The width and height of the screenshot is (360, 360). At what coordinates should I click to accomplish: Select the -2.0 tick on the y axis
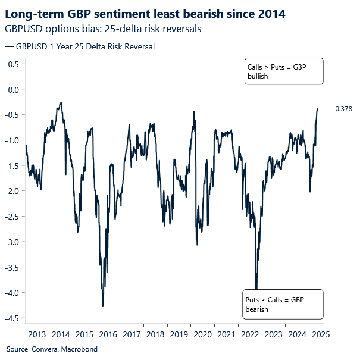click(x=12, y=191)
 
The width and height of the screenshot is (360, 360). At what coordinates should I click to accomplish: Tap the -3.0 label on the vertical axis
click(x=12, y=242)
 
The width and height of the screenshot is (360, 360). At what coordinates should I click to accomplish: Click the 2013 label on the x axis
click(x=37, y=334)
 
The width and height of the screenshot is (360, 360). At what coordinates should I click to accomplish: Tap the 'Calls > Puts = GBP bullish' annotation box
click(x=283, y=72)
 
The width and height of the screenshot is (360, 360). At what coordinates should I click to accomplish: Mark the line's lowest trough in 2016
click(x=103, y=306)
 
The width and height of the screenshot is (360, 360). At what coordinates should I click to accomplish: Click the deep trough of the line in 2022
click(x=256, y=289)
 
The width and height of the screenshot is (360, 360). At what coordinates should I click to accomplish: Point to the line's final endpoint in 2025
click(x=318, y=109)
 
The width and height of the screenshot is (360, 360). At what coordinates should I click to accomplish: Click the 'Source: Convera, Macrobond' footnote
click(x=51, y=349)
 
